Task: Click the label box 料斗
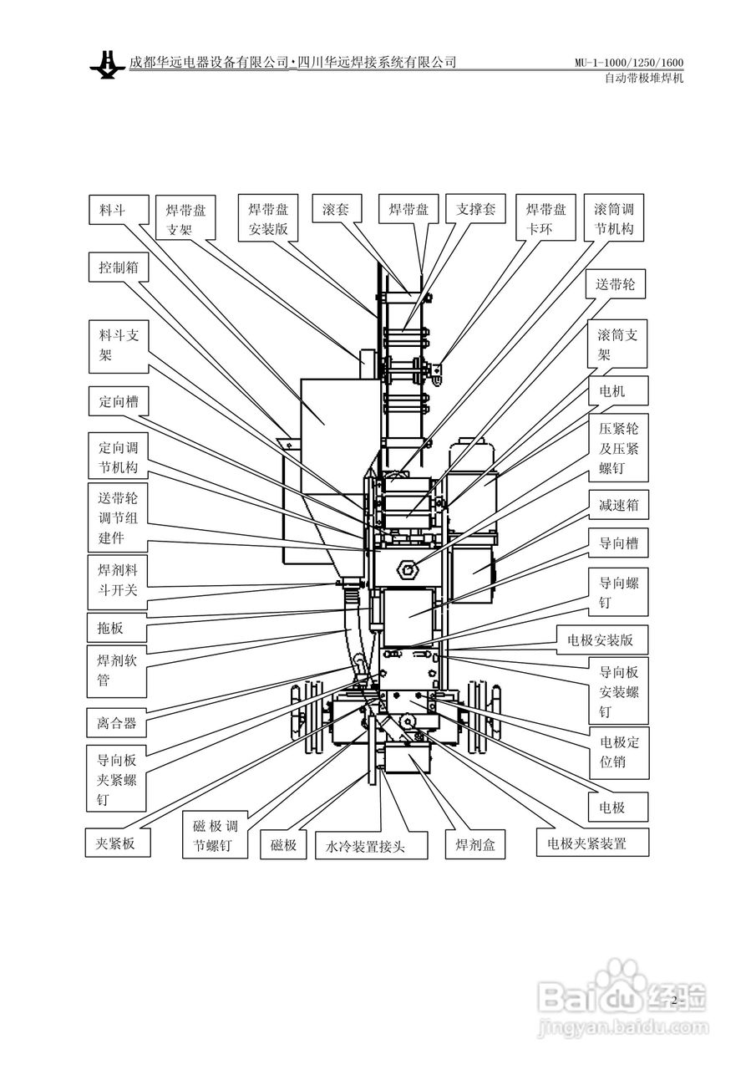[119, 210]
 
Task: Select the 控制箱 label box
[119, 267]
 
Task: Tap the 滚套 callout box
[337, 208]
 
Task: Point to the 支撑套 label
[475, 208]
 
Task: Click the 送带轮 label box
[617, 285]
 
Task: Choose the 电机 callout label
[618, 391]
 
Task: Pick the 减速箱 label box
[618, 505]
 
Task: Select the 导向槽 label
[618, 543]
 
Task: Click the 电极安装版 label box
[602, 640]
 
